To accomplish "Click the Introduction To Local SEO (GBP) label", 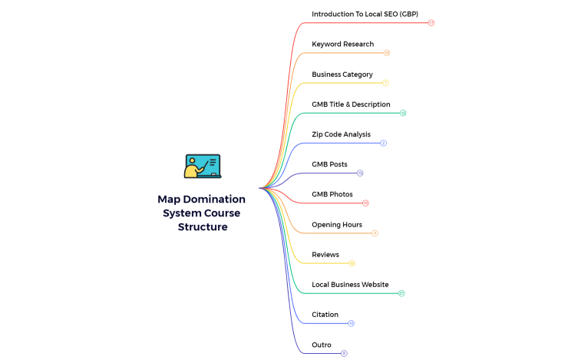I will tap(365, 14).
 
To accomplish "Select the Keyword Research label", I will tap(342, 44).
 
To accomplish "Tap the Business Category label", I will tap(342, 74).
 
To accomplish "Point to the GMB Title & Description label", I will tap(351, 104).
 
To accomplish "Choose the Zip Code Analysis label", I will tap(341, 134).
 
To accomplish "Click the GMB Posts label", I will tap(329, 164).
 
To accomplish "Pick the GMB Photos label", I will tap(332, 194).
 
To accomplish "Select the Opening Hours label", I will tap(336, 224).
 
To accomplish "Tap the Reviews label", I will tap(325, 254).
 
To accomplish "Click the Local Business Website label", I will tap(350, 284).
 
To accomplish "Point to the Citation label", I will tap(325, 314).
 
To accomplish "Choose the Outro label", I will tap(321, 345).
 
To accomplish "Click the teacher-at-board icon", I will tap(203, 167).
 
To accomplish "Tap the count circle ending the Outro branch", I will tap(344, 353).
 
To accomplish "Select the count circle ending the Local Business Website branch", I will tap(401, 293).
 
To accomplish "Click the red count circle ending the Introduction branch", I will tap(431, 23).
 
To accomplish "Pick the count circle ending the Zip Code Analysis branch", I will tap(383, 143).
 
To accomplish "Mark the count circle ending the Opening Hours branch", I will tap(375, 233).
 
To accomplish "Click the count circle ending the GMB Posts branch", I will tap(360, 173).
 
